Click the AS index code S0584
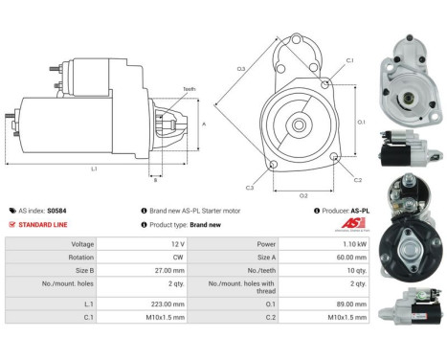click(x=56, y=210)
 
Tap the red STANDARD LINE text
click(x=43, y=224)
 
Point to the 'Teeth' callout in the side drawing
click(x=189, y=89)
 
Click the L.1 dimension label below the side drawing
click(x=94, y=169)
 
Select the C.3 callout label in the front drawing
click(x=250, y=188)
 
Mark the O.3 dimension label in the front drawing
click(x=241, y=68)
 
